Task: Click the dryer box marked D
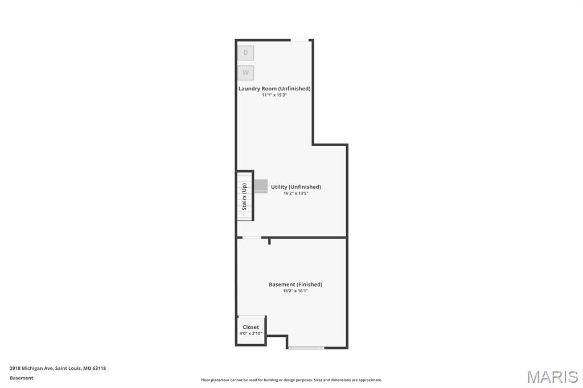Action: click(x=246, y=53)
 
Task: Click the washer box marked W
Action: click(x=246, y=72)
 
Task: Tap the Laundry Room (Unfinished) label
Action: click(x=274, y=89)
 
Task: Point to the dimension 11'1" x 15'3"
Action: click(x=274, y=95)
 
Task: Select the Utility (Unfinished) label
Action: click(x=296, y=187)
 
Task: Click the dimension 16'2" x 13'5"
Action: click(x=296, y=193)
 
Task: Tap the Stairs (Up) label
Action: click(x=244, y=197)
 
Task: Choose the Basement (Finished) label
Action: click(x=295, y=284)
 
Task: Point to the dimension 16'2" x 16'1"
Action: click(x=295, y=291)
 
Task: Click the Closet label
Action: click(x=251, y=327)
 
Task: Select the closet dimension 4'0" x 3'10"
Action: click(x=251, y=333)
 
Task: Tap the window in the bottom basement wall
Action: click(x=306, y=348)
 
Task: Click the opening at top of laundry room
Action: click(x=299, y=40)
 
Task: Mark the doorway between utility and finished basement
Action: click(x=252, y=237)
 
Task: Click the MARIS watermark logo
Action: click(x=552, y=377)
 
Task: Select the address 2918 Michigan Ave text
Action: click(x=32, y=368)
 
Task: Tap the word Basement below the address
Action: click(x=22, y=378)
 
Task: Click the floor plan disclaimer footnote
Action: click(x=291, y=380)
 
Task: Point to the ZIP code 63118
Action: click(x=99, y=368)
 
